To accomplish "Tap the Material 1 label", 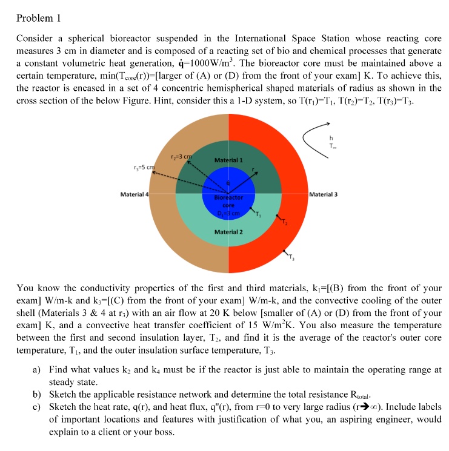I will click(228, 160).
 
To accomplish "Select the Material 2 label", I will click(228, 232).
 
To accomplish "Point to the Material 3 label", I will click(324, 194).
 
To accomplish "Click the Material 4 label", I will click(134, 194).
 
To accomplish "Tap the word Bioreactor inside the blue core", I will click(228, 197).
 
